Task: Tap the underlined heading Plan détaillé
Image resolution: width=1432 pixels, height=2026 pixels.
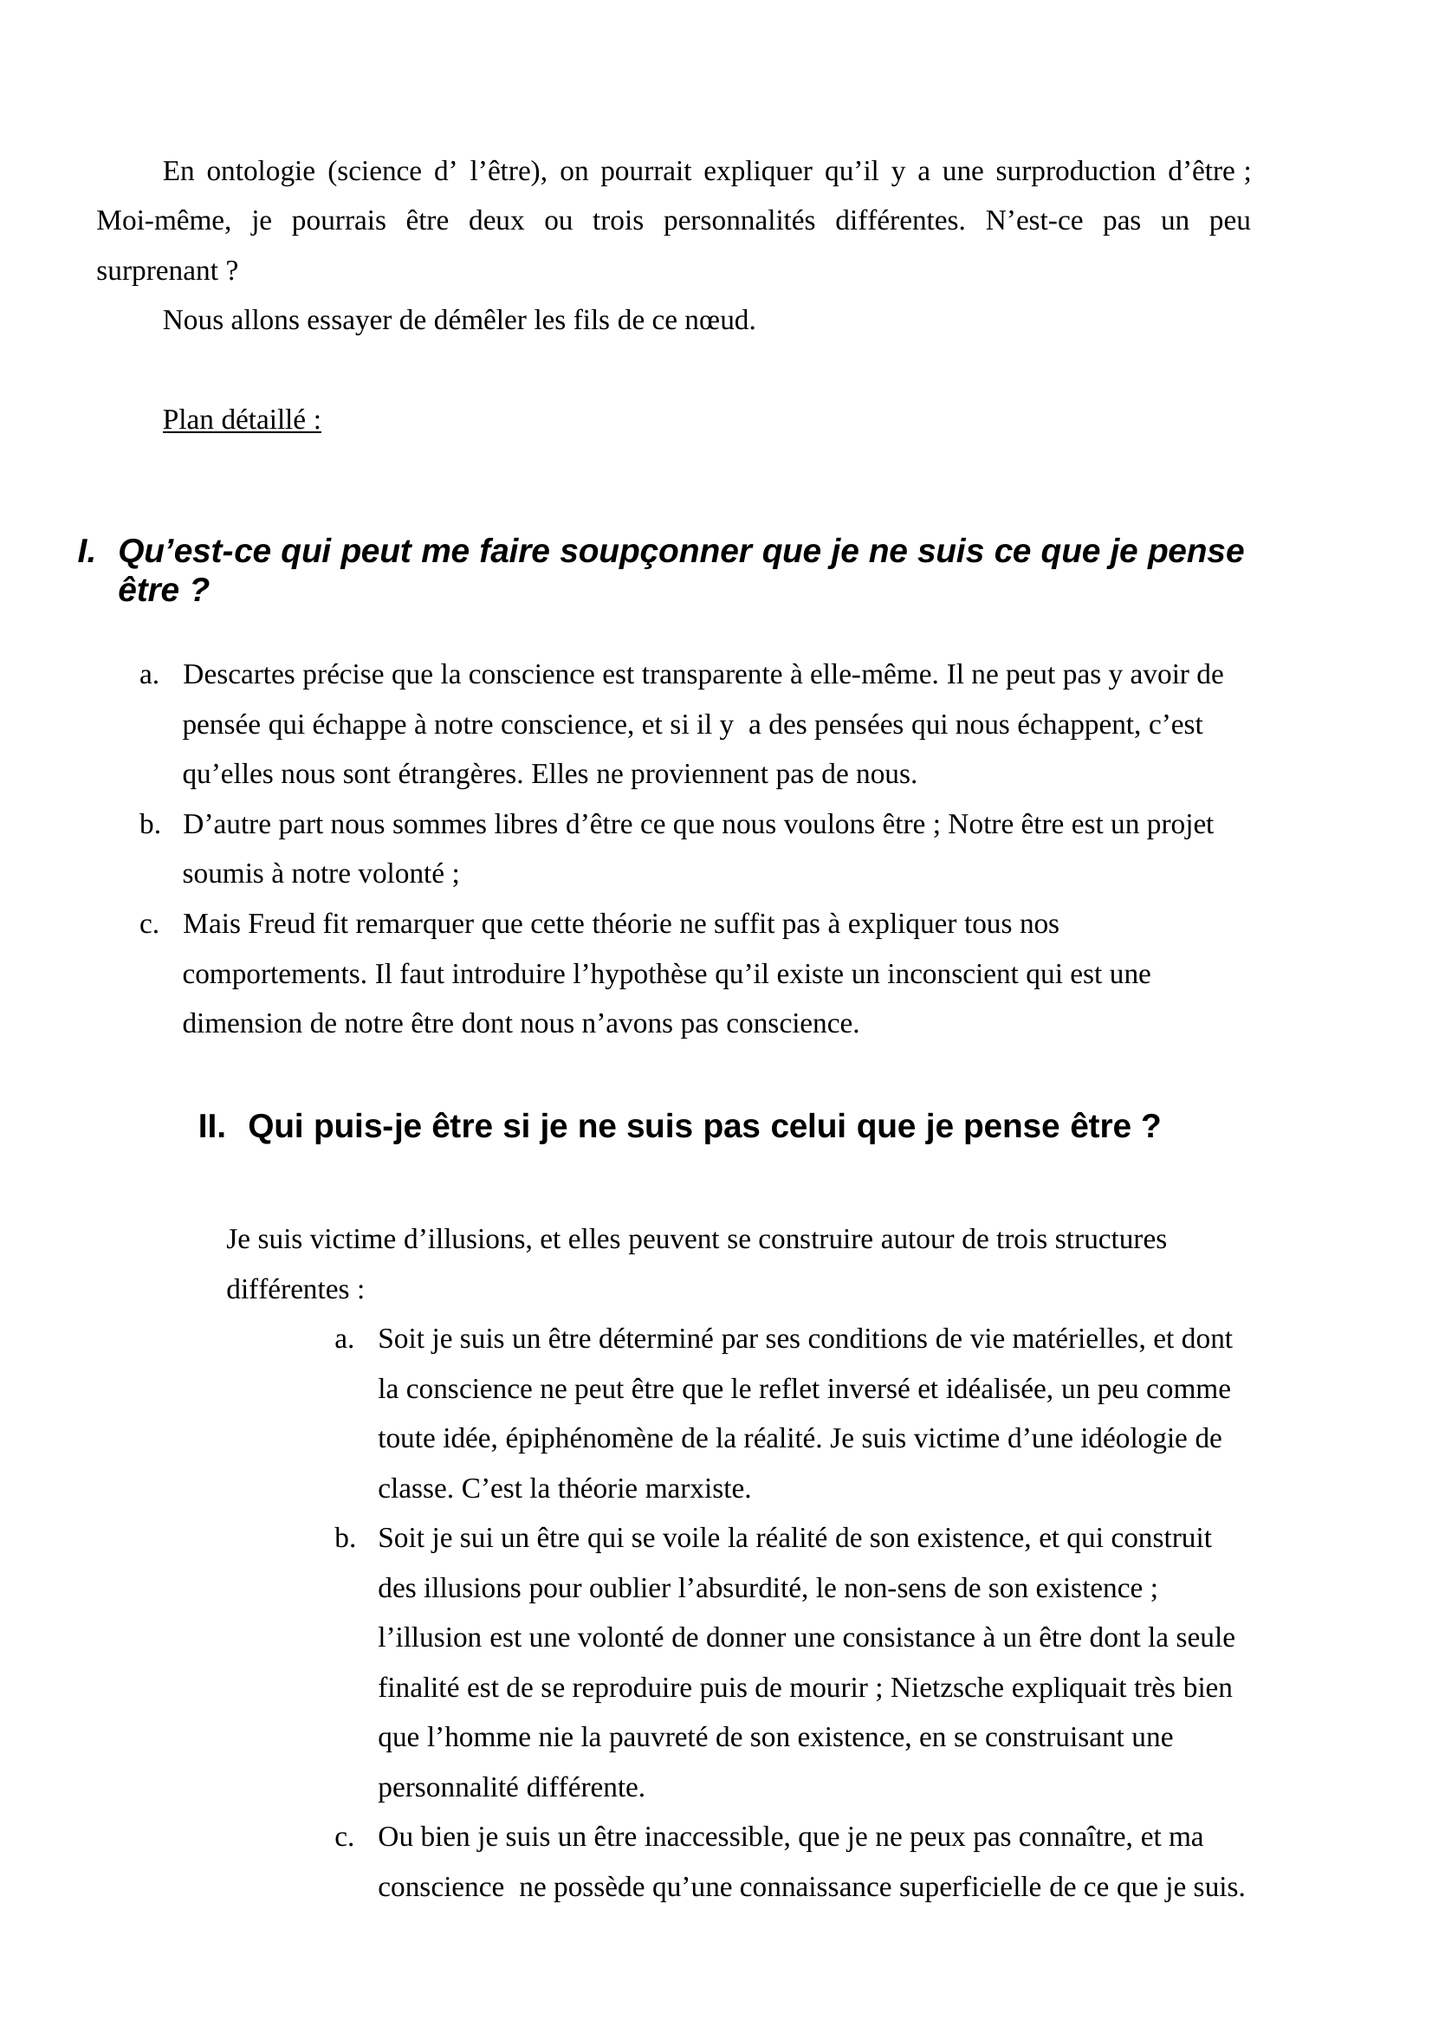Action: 241,420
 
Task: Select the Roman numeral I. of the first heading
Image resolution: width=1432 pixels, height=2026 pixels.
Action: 86,552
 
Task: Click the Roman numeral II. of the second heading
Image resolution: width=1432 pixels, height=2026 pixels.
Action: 211,1127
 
